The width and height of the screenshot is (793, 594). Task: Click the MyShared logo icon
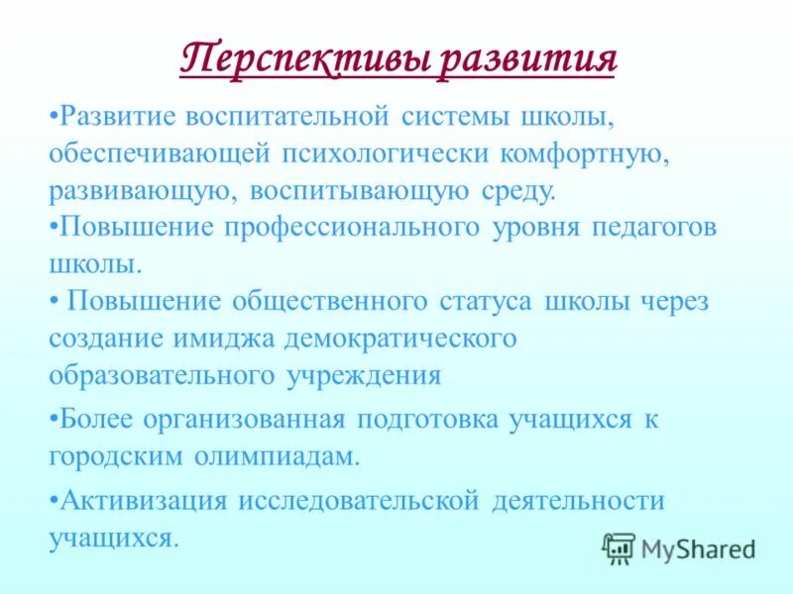coord(619,547)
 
